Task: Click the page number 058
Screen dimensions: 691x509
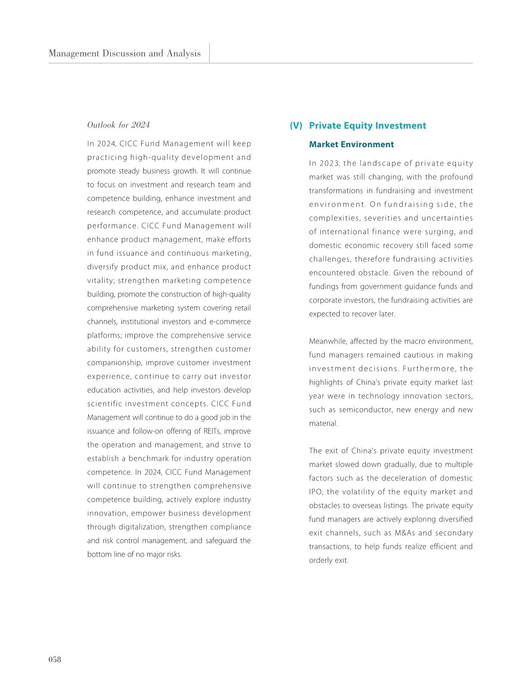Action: [55, 659]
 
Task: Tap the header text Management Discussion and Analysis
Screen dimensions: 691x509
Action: [124, 53]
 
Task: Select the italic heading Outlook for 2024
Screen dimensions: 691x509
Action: [118, 125]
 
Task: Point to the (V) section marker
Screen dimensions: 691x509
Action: [296, 125]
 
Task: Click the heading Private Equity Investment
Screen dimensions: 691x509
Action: [367, 125]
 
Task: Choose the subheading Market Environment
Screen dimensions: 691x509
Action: [351, 144]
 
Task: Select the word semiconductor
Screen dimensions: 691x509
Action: [366, 410]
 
